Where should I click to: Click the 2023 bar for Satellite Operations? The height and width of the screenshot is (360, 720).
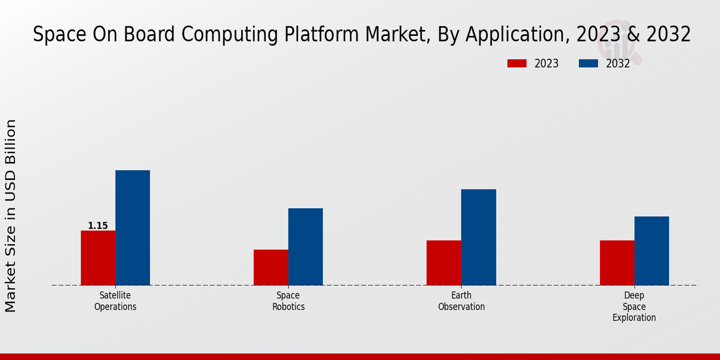click(98, 258)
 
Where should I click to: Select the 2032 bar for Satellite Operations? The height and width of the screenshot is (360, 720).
click(133, 228)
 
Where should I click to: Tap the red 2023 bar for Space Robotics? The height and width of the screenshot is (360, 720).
click(271, 268)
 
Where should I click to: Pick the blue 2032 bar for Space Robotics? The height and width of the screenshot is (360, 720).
click(305, 247)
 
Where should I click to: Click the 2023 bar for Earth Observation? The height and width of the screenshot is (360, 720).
click(444, 263)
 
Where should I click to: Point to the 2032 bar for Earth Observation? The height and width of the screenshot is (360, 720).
click(479, 237)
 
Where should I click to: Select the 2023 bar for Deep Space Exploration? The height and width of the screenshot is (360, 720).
click(617, 263)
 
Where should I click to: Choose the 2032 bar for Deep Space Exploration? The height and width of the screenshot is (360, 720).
click(652, 251)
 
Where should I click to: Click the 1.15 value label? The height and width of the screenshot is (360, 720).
click(98, 226)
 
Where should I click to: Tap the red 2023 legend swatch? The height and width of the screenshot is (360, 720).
click(517, 64)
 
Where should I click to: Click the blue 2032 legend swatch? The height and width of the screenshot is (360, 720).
click(588, 64)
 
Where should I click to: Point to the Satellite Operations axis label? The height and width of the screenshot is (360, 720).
click(115, 301)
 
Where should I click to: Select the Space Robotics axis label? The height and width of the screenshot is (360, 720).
click(288, 301)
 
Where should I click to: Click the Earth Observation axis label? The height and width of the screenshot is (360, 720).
click(461, 301)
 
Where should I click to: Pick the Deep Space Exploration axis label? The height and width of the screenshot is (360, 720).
click(634, 307)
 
